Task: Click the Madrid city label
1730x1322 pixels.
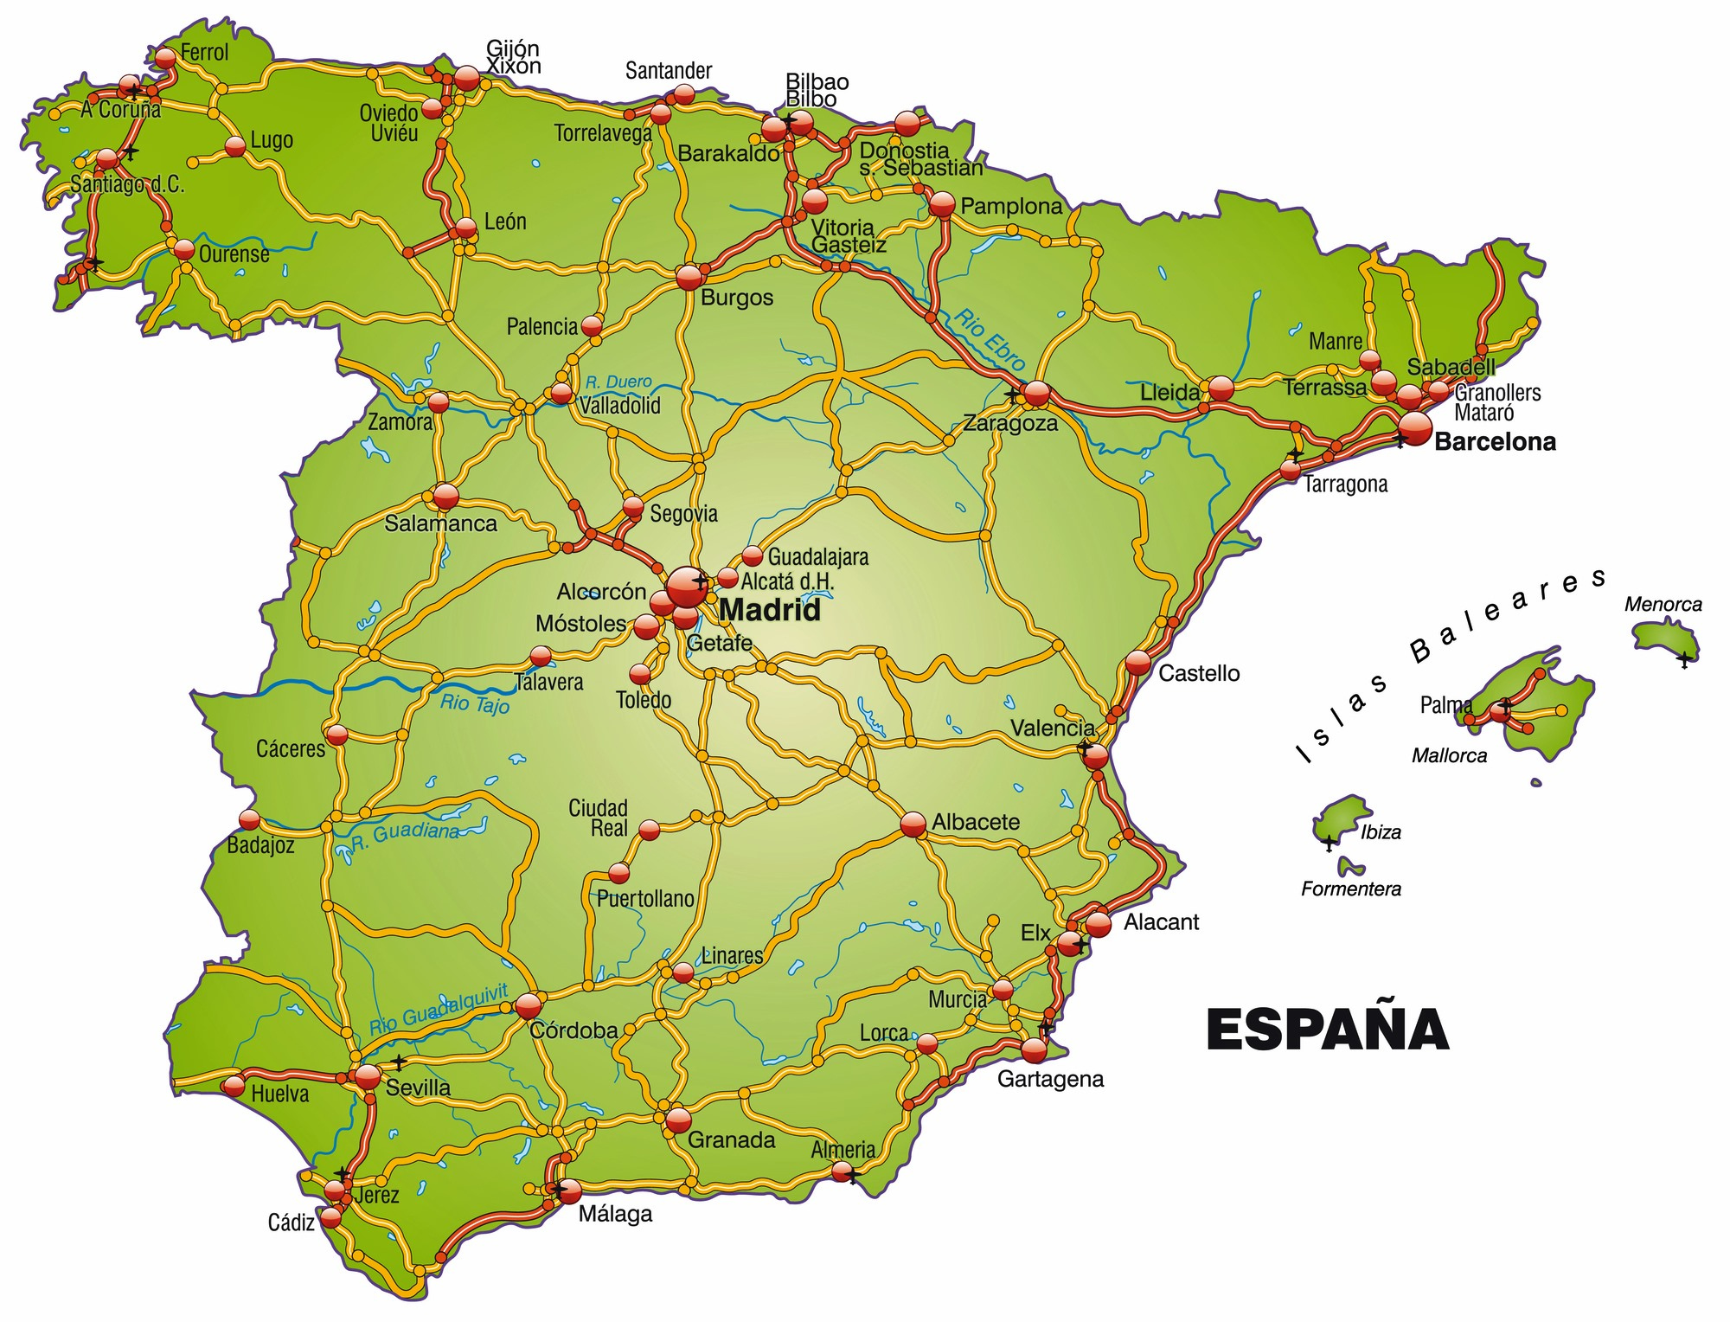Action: [x=769, y=611]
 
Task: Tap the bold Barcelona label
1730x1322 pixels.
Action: [x=1495, y=442]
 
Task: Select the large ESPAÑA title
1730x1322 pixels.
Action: [x=1327, y=1029]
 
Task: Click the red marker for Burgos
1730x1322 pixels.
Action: [x=689, y=277]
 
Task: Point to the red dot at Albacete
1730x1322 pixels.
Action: [x=913, y=825]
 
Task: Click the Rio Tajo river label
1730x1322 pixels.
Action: [x=475, y=703]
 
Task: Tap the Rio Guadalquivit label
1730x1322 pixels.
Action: [x=439, y=1010]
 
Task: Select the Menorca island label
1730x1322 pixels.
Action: [x=1663, y=605]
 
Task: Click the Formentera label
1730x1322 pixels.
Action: [x=1351, y=889]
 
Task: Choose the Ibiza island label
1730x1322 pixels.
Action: [x=1381, y=832]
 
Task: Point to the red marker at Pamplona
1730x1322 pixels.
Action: [x=942, y=205]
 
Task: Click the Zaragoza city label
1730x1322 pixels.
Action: [x=1010, y=424]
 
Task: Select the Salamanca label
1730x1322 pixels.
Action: [x=441, y=523]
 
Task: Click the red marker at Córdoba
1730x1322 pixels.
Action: [x=529, y=1005]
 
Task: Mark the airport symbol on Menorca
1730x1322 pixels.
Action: [x=1683, y=659]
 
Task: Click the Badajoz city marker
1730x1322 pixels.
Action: [x=249, y=818]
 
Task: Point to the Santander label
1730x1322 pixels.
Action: [x=669, y=71]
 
